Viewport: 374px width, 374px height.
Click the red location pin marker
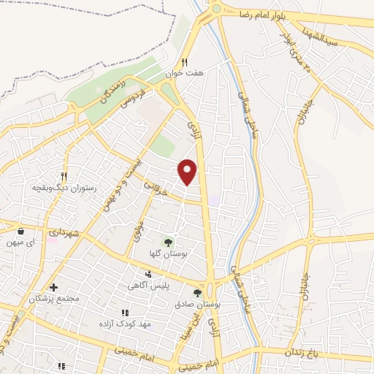[188, 171]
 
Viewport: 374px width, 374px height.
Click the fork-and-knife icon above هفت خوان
[185, 63]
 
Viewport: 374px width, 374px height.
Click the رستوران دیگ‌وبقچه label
[60, 187]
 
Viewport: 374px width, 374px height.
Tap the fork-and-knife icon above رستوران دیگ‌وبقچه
[64, 176]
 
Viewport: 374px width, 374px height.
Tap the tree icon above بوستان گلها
[169, 241]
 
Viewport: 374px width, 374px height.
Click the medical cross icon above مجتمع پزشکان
[53, 288]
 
